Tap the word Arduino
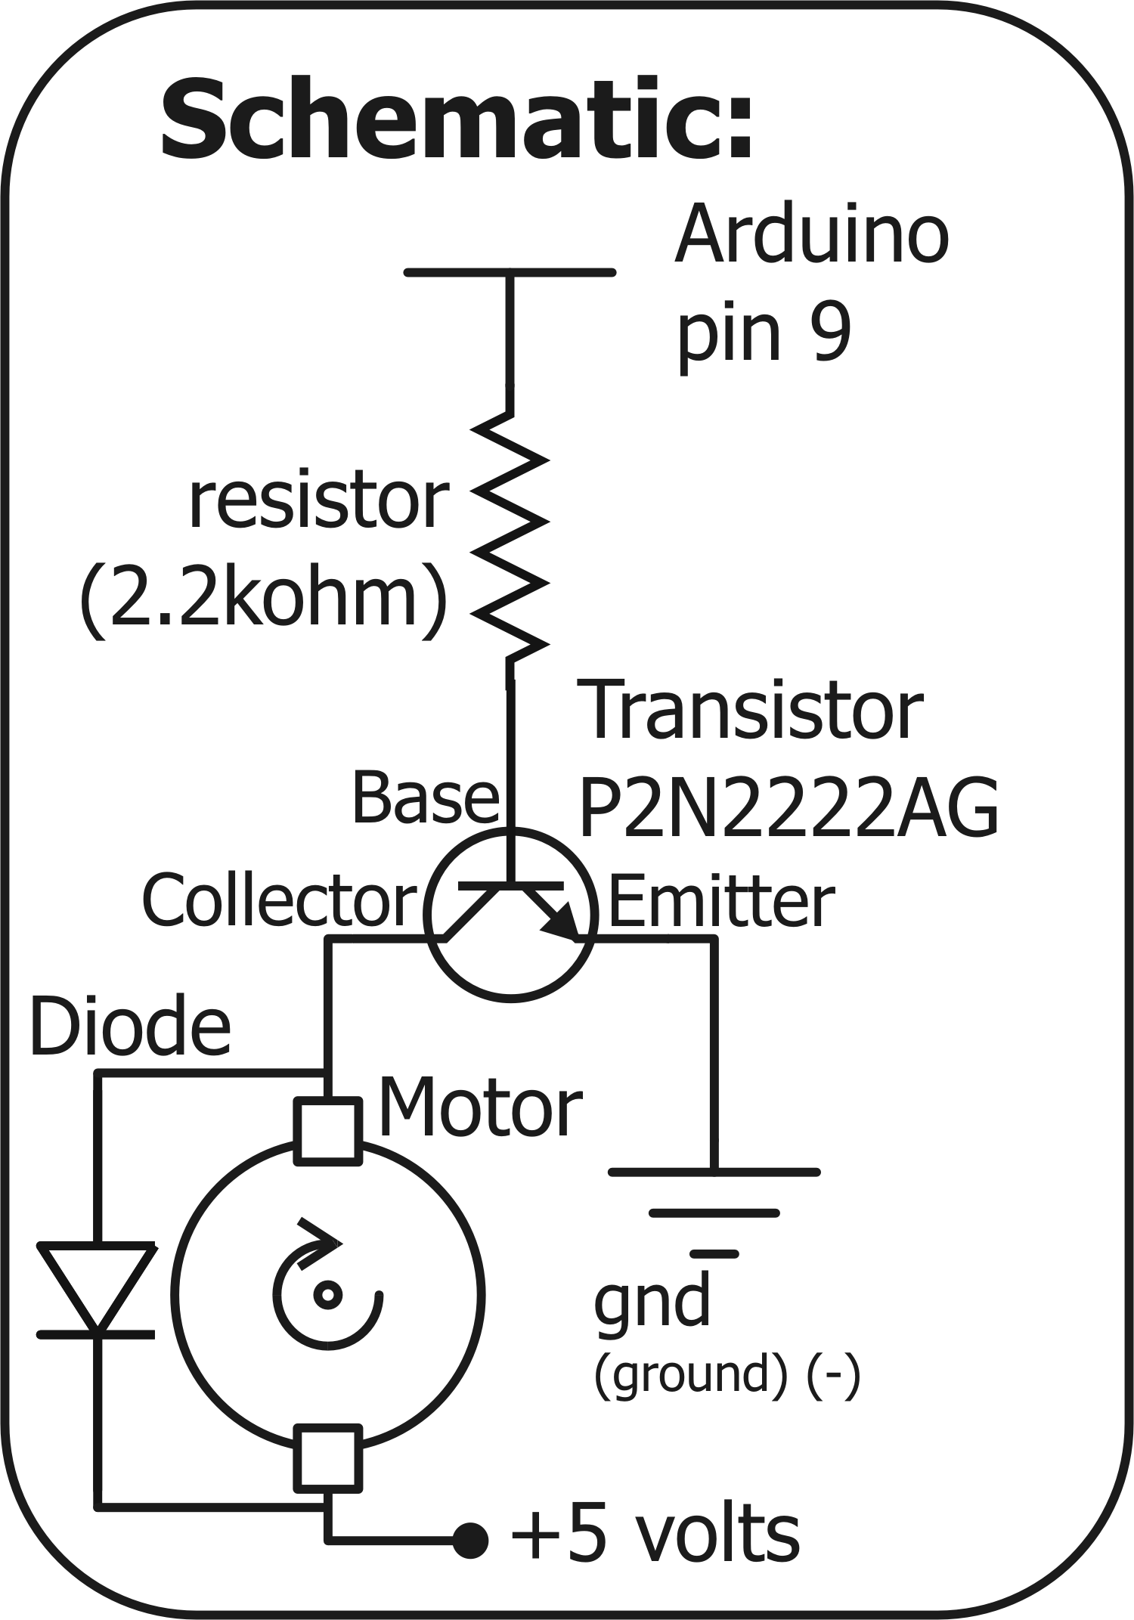point(810,235)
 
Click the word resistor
point(318,500)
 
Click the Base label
point(425,798)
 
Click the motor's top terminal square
point(327,1131)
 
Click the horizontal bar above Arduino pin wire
point(510,272)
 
